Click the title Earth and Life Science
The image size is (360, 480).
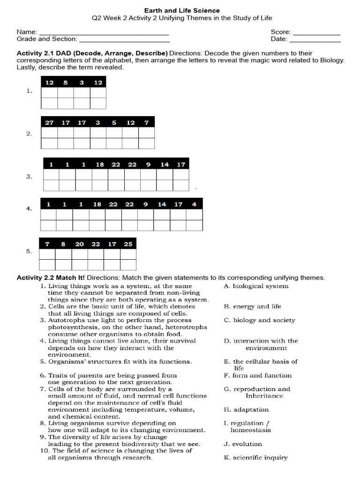point(181,10)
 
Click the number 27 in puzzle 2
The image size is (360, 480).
point(49,123)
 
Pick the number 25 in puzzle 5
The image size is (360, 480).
point(128,244)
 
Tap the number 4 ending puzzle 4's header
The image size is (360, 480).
point(194,204)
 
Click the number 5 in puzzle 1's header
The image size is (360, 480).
point(66,82)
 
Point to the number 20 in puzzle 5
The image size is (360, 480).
point(80,244)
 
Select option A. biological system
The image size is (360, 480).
point(256,286)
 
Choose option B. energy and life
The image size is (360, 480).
point(252,307)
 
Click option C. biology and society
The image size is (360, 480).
point(259,320)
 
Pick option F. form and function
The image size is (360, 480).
point(257,375)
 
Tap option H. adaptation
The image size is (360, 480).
point(246,410)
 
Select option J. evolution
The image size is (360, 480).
point(243,444)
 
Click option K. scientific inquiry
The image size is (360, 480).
point(255,457)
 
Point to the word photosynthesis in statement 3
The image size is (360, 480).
point(74,327)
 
